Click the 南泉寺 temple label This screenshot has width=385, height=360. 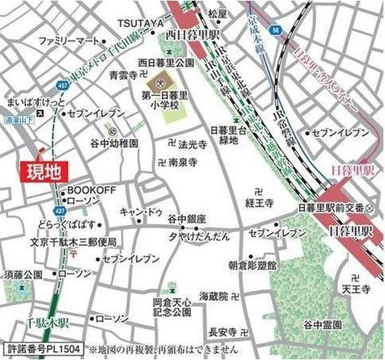tap(185, 163)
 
